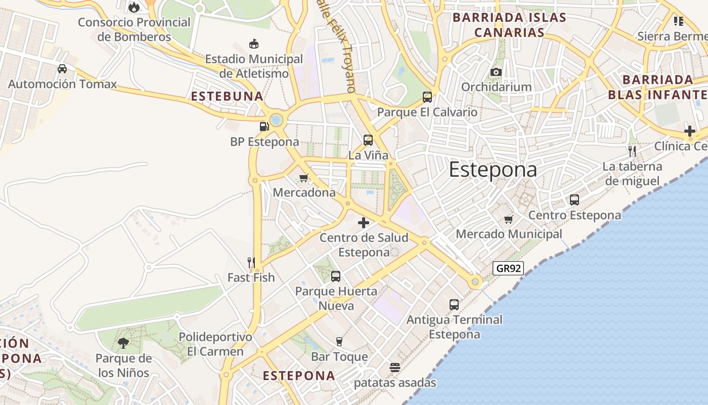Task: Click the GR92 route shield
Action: (x=508, y=268)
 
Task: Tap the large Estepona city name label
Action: (x=493, y=170)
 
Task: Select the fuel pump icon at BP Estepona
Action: (x=263, y=127)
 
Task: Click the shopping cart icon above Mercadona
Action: (x=304, y=178)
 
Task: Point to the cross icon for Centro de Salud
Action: (x=363, y=223)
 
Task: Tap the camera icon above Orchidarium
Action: (x=496, y=72)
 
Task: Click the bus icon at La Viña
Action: (x=368, y=140)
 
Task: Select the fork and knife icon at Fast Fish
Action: (x=251, y=262)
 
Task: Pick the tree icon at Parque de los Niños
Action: (x=123, y=344)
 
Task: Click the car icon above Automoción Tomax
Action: (x=62, y=69)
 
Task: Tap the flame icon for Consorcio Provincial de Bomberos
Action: (x=134, y=7)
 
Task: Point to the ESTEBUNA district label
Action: (x=227, y=96)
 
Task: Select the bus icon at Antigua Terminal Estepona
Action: (x=454, y=305)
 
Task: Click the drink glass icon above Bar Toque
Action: (x=339, y=342)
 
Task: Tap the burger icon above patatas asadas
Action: (x=395, y=367)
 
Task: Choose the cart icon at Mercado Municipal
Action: (x=508, y=219)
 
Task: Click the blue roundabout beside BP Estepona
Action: (x=276, y=120)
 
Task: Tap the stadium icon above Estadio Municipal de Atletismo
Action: (x=254, y=44)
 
